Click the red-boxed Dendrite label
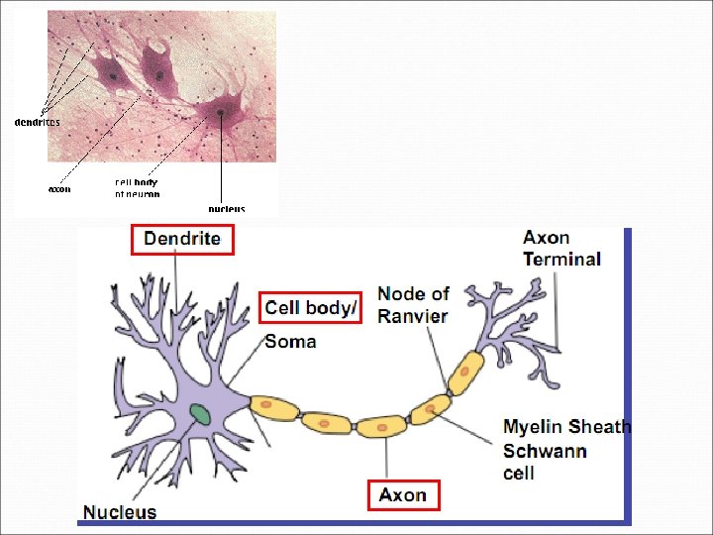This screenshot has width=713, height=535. [x=182, y=239]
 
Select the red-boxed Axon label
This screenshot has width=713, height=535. [x=403, y=494]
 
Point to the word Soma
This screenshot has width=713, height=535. [x=291, y=342]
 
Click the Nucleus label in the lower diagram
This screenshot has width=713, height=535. [x=120, y=511]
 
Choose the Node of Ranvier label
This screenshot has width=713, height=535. [x=413, y=305]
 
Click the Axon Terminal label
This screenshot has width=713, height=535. [x=561, y=249]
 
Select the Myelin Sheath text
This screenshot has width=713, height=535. [x=566, y=427]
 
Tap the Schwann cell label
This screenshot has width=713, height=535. [x=545, y=462]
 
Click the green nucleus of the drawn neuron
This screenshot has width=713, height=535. [x=201, y=414]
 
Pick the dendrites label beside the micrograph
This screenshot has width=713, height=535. [x=37, y=122]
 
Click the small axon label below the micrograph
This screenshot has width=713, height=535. [x=59, y=188]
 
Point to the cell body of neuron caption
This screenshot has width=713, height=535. [x=137, y=187]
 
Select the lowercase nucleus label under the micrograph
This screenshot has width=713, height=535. [x=226, y=208]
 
